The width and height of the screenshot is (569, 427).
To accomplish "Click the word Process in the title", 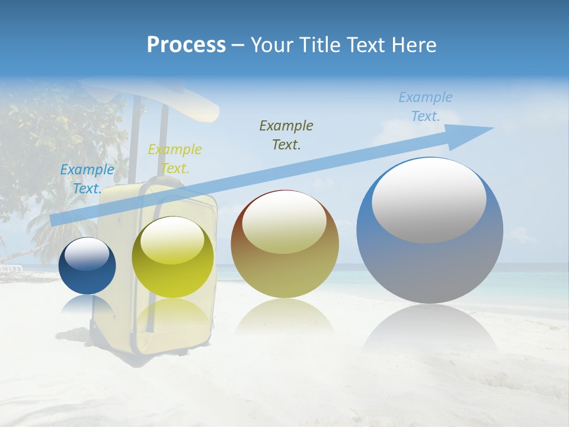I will coord(186,45).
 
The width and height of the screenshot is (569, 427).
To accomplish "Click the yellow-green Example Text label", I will coord(175,159).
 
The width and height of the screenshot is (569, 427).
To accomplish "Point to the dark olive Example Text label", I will coord(286,135).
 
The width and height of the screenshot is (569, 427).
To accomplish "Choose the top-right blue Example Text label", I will coord(426,107).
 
